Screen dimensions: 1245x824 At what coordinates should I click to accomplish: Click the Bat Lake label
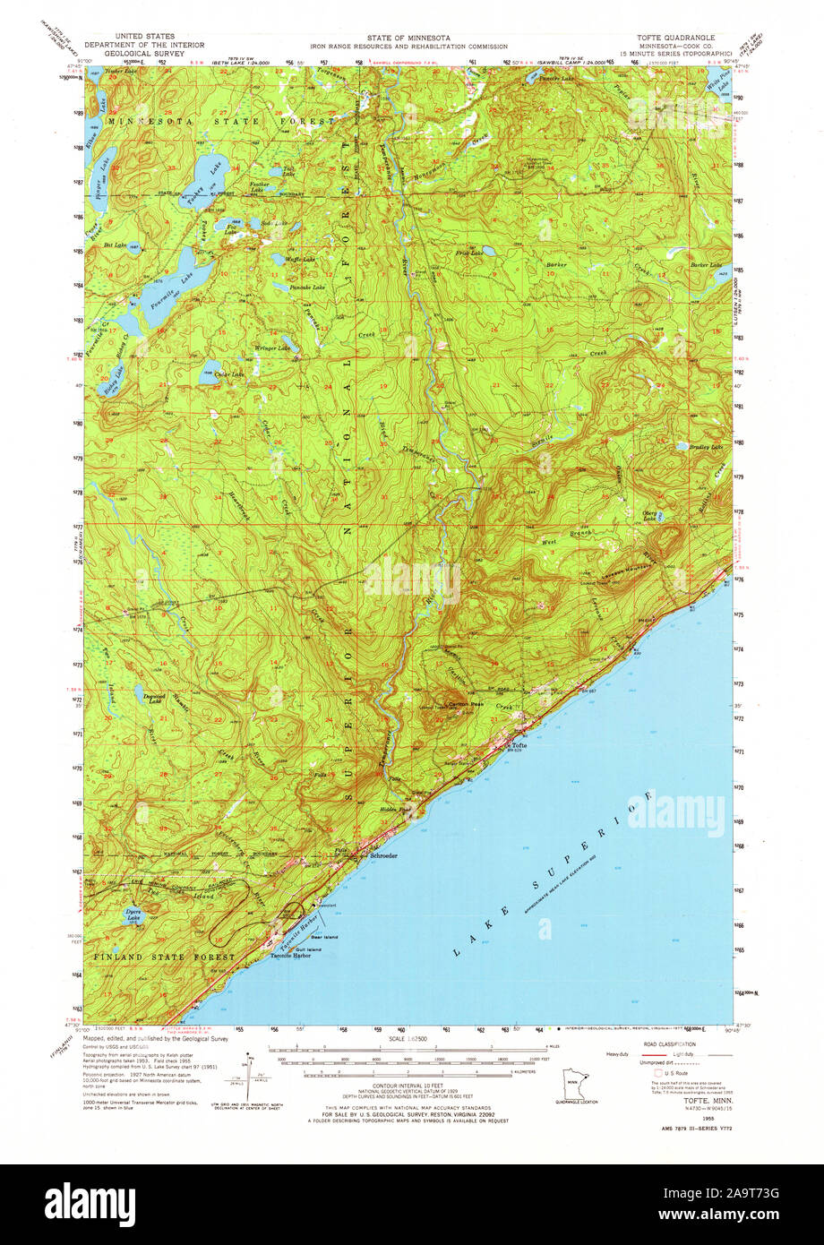tap(116, 244)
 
